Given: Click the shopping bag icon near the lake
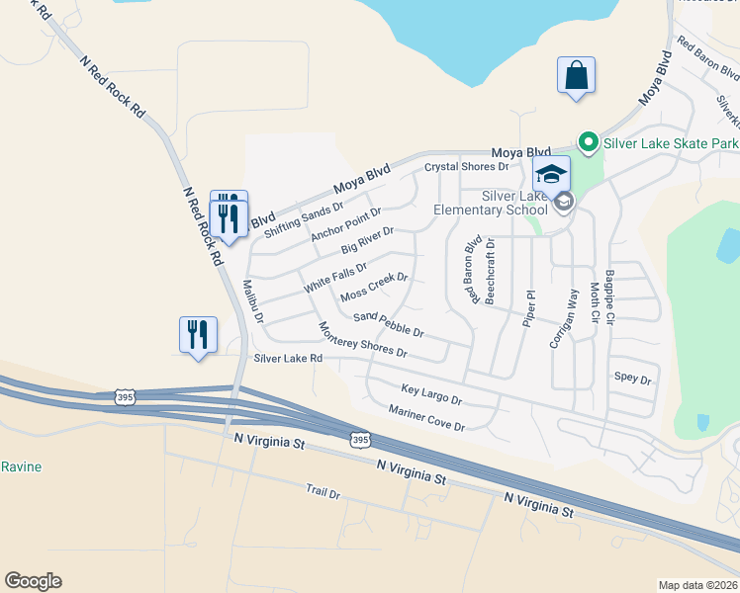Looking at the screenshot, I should point(576,76).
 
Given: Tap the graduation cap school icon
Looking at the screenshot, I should point(551,175).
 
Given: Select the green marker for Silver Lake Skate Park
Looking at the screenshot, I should point(586,143).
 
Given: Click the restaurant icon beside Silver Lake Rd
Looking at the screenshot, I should point(198,334).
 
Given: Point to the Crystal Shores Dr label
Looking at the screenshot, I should point(466,167).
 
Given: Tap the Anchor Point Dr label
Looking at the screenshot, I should point(345,223).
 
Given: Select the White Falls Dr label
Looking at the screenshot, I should point(335,276).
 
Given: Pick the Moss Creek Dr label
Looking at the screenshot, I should point(374,290).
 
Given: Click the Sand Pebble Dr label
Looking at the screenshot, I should point(389,323).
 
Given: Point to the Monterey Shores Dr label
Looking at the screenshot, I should point(362,339).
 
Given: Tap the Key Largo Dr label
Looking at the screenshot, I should point(431,394).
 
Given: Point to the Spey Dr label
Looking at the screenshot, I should point(633,379).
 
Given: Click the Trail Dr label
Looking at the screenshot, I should point(323,491).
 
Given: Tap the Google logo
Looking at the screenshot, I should point(33,581).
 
